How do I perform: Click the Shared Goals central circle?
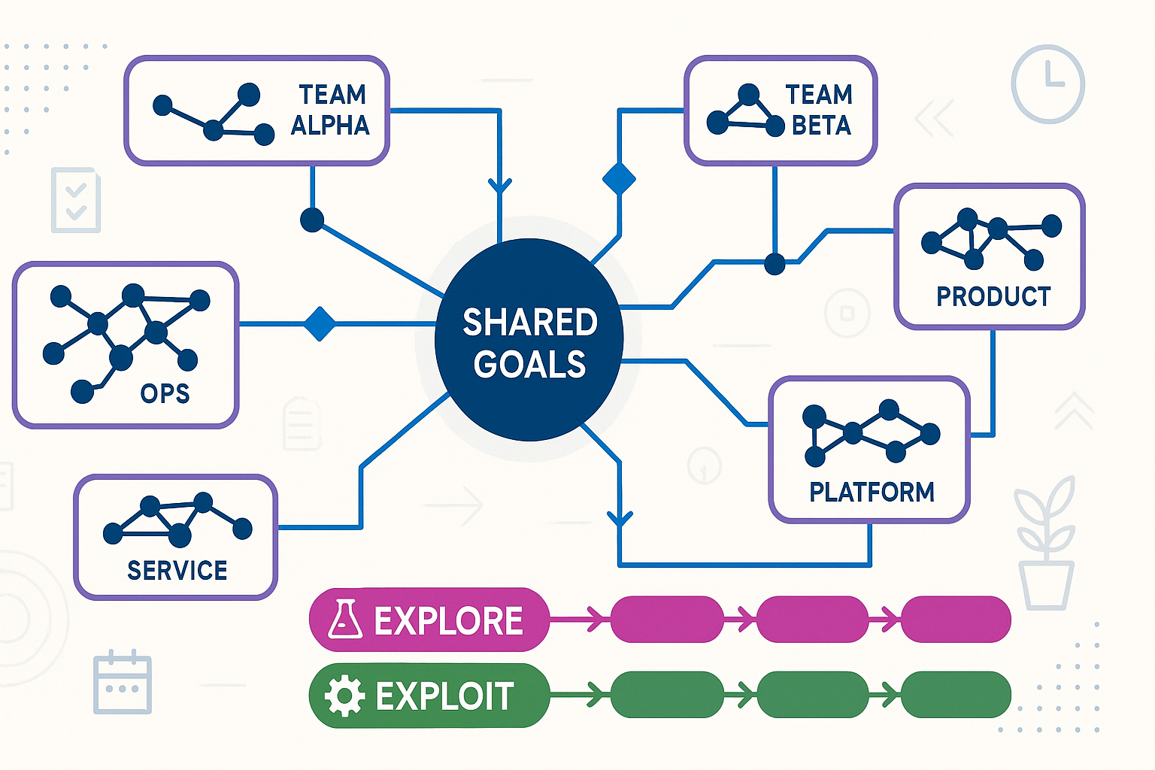(529, 340)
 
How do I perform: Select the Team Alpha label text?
(331, 110)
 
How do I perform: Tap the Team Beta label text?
(820, 110)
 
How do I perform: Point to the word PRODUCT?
(993, 297)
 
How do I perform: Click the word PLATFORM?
(872, 492)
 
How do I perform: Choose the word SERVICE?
(177, 571)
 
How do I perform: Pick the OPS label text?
(165, 393)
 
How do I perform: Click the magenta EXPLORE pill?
(429, 620)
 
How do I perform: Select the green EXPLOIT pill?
(429, 696)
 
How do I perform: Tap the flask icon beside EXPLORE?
(345, 620)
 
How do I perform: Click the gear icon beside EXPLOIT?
(344, 696)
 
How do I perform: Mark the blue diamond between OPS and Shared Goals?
(320, 324)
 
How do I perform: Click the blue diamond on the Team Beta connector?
(619, 179)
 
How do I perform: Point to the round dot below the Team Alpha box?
(312, 220)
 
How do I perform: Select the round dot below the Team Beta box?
(775, 264)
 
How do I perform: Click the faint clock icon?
(1047, 83)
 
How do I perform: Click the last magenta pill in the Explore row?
(956, 620)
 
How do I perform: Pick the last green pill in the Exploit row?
(956, 696)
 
